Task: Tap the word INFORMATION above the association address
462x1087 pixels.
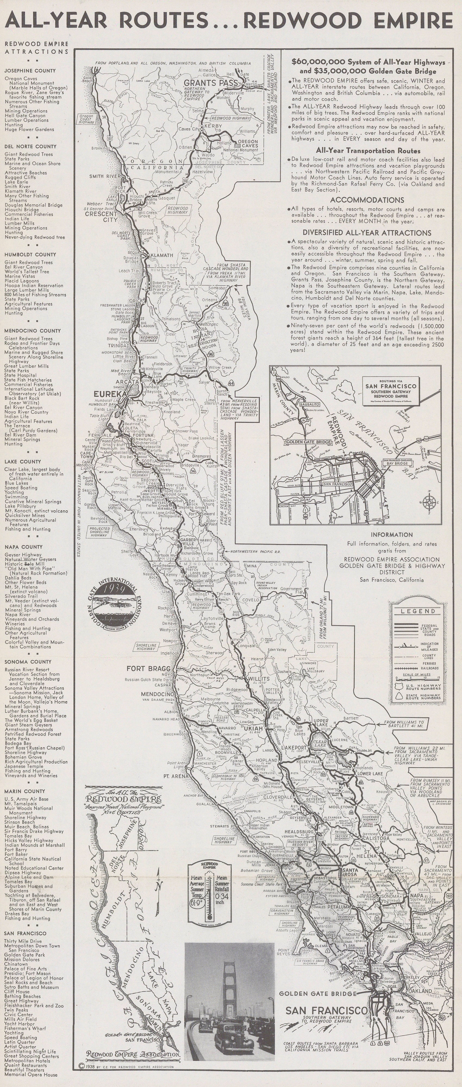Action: click(x=392, y=535)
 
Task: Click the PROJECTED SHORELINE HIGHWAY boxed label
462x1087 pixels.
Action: click(x=99, y=532)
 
